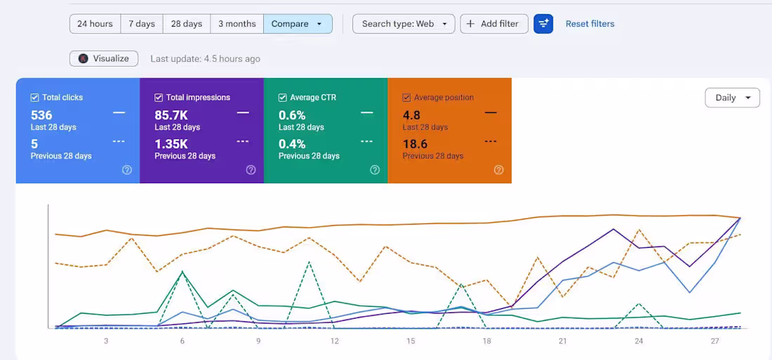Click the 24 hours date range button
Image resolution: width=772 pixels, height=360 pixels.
(x=95, y=24)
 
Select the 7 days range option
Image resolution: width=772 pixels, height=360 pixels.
(x=142, y=24)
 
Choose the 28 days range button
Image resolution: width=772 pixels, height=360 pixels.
(x=187, y=24)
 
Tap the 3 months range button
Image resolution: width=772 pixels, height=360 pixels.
(x=237, y=24)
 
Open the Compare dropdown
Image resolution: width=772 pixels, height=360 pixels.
(x=298, y=24)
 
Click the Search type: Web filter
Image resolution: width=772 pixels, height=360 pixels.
(x=404, y=24)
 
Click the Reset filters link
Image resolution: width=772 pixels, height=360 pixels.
(x=590, y=24)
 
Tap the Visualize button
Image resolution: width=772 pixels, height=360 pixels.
(x=104, y=59)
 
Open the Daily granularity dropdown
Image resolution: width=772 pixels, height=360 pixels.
(x=732, y=98)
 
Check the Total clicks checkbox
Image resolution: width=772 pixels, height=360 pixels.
(x=35, y=98)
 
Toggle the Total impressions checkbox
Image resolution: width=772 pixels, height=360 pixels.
(x=159, y=98)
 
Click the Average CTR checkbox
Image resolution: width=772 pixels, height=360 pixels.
(x=283, y=98)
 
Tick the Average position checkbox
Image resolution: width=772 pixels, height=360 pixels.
(x=406, y=98)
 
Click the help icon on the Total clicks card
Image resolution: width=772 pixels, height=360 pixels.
(x=127, y=170)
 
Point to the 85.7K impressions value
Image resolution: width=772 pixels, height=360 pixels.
(x=171, y=115)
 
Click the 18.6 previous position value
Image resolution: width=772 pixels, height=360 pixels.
(x=415, y=145)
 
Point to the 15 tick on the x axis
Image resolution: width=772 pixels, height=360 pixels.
(x=411, y=341)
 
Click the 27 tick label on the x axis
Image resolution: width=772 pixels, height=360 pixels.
(x=715, y=341)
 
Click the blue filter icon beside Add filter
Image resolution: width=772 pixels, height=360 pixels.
(x=543, y=24)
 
